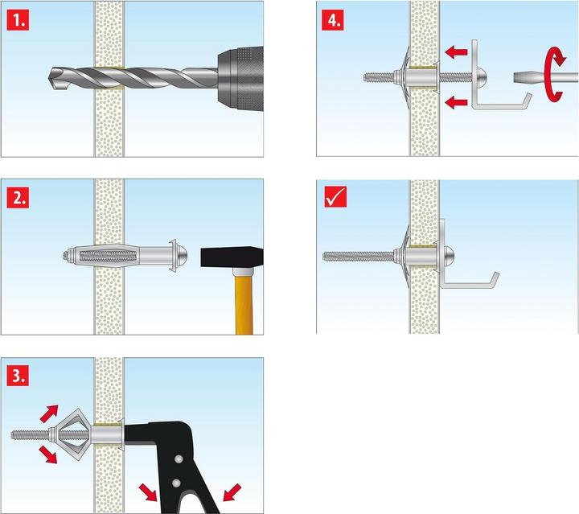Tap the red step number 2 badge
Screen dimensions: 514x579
[17, 198]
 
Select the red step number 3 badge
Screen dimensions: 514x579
[17, 376]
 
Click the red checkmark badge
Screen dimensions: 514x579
[334, 198]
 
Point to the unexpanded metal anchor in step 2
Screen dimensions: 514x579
[113, 257]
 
